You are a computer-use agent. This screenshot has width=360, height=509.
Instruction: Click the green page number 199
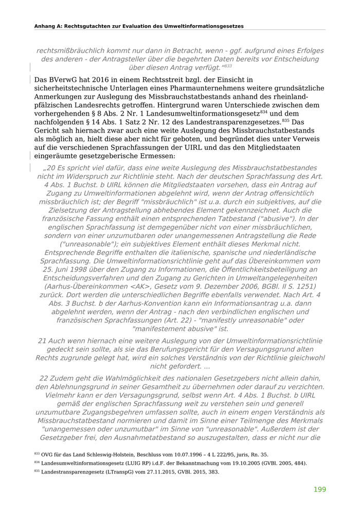(319, 489)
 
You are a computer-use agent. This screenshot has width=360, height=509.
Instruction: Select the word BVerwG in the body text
(63, 80)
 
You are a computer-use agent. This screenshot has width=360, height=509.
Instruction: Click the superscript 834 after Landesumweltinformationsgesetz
(264, 111)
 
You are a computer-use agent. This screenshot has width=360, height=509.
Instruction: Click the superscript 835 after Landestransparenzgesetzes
(286, 120)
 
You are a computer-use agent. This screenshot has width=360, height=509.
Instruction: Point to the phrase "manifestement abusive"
(180, 329)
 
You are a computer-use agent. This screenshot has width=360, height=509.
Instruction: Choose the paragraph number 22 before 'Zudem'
(44, 378)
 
